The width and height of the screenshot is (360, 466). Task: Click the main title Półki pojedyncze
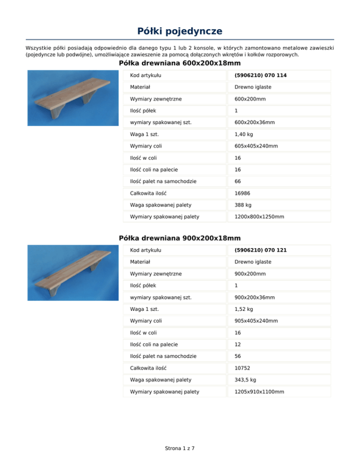click(180, 31)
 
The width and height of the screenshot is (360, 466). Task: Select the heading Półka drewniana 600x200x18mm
click(180, 63)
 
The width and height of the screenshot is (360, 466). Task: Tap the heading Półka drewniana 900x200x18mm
click(180, 238)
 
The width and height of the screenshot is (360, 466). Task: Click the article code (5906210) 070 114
click(258, 75)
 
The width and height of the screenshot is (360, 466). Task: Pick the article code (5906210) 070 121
click(258, 250)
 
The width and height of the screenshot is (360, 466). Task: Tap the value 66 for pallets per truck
click(238, 181)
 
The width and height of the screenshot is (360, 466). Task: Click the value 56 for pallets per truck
click(238, 356)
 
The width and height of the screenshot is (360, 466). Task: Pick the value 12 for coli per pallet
click(238, 344)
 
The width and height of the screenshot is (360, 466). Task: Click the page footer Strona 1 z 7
click(180, 448)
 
